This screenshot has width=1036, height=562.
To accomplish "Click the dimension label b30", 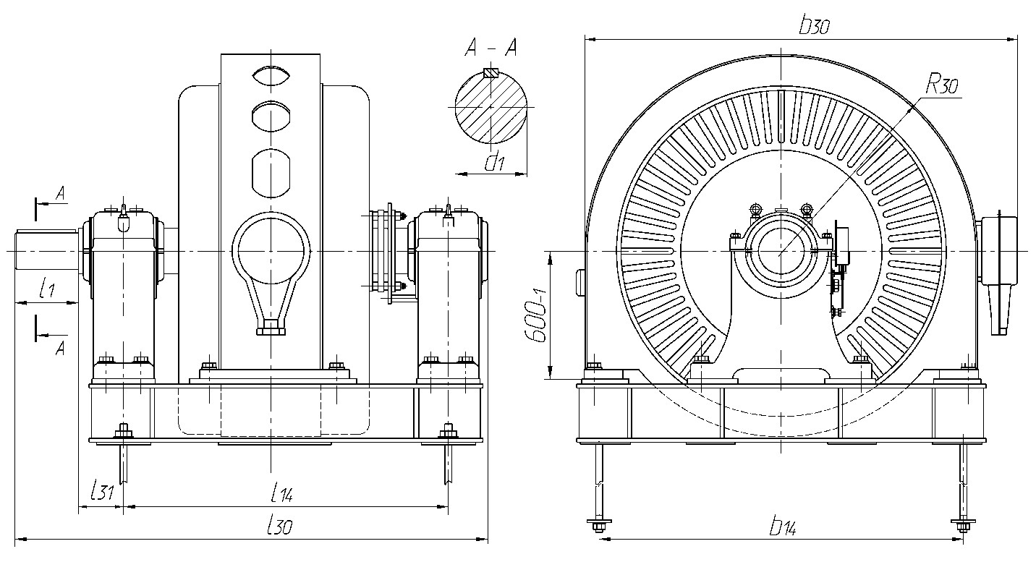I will pos(814,27).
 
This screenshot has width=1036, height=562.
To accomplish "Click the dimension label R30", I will pos(942,86).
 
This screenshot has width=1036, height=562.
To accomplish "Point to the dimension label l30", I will pos(279,527).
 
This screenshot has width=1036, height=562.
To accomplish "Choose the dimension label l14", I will pos(281,495).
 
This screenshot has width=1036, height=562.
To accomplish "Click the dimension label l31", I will pos(102,492).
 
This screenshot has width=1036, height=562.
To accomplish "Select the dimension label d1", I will pos(495,163).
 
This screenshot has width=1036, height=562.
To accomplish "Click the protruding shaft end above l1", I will pos(46,250).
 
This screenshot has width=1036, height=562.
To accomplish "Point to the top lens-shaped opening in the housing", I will pos(271,75).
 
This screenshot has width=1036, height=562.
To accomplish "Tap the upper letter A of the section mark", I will pos(61,193).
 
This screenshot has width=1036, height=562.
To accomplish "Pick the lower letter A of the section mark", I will pos(61,349).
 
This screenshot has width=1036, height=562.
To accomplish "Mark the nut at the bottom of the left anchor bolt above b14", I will pos(598,524).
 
